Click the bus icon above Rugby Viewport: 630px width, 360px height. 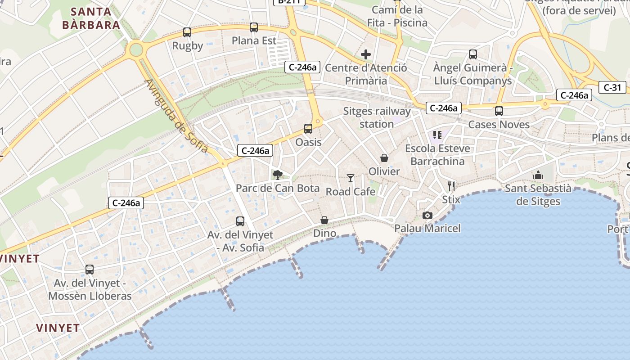[187, 32]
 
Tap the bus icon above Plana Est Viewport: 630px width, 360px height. [254, 27]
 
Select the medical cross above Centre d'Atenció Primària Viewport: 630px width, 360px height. [366, 55]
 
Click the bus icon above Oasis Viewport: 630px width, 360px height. [308, 129]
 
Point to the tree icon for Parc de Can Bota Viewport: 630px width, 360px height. [278, 175]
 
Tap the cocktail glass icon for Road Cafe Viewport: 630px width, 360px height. [351, 178]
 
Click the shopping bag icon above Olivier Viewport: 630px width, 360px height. [384, 158]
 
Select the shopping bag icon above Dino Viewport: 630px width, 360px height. [324, 220]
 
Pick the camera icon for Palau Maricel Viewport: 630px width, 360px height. [427, 215]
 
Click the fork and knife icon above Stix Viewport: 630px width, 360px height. [451, 186]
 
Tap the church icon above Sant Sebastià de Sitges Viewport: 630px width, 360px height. [538, 175]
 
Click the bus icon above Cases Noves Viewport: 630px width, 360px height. [499, 111]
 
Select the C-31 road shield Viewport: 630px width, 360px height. [612, 87]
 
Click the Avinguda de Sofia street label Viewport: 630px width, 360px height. [176, 116]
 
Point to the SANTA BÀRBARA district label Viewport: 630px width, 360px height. [91, 18]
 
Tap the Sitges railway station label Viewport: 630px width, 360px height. [377, 117]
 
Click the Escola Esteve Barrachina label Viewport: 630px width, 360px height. [437, 155]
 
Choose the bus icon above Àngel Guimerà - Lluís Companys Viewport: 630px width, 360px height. [473, 54]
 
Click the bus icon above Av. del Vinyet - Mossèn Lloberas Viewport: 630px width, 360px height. [90, 270]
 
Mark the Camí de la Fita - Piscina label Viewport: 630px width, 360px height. [397, 16]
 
